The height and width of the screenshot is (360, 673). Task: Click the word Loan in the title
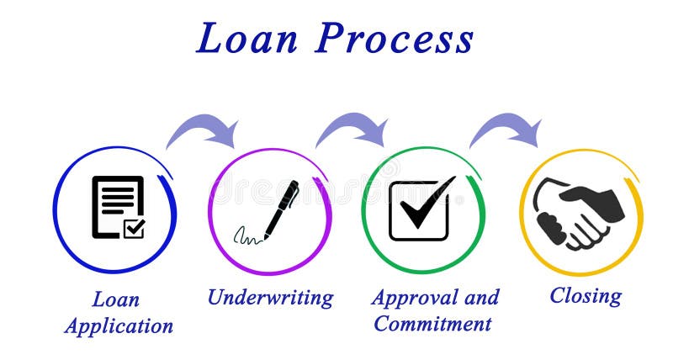point(247,40)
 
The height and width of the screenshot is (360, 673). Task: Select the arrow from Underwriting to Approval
point(352,127)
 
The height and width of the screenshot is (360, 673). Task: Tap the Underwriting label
point(270,297)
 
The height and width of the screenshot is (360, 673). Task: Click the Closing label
point(586,295)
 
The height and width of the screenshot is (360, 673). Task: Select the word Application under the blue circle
point(119,326)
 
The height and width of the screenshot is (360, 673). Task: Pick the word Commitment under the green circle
point(432,323)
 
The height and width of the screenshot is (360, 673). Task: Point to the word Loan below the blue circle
point(116,299)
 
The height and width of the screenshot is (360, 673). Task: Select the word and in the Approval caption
point(481,297)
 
